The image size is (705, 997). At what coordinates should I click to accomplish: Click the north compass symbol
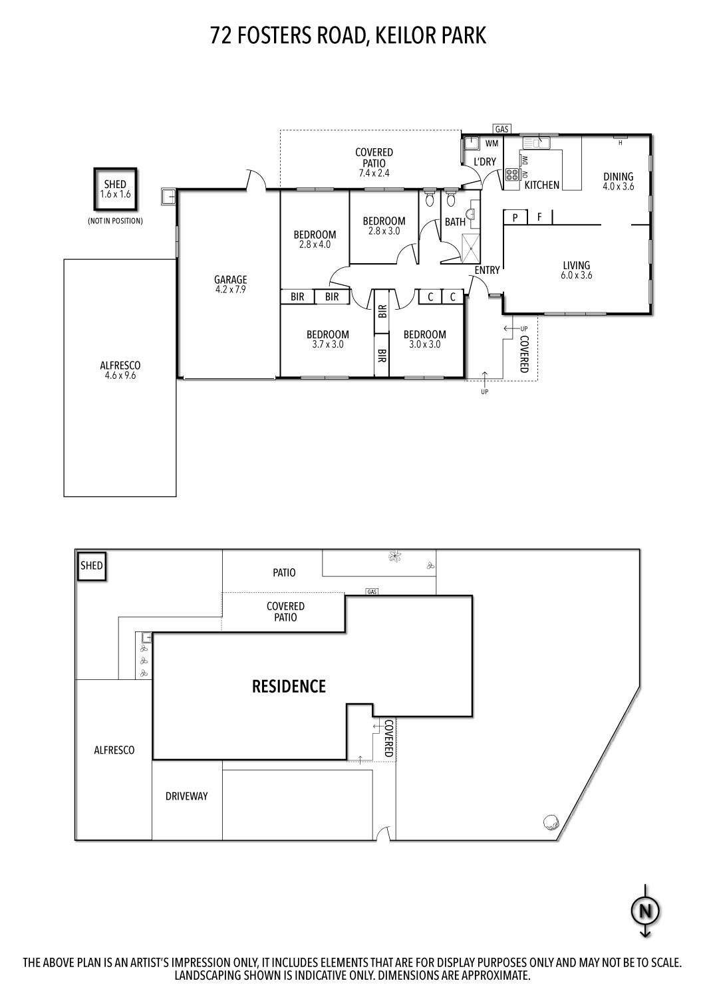tap(644, 910)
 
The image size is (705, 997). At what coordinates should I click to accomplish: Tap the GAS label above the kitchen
tap(502, 129)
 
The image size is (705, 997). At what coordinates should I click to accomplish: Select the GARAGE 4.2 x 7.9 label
tap(230, 284)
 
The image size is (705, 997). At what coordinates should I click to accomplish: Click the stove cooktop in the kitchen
tap(513, 175)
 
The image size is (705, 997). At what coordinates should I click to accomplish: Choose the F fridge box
tap(539, 217)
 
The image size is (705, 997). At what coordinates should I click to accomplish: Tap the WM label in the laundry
tap(492, 143)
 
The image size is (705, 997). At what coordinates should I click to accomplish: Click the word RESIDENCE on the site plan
tap(289, 686)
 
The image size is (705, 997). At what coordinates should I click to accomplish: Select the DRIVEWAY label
tap(186, 796)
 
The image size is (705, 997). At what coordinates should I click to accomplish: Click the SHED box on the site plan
tap(92, 566)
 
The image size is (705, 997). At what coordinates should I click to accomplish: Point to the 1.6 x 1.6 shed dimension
tap(114, 195)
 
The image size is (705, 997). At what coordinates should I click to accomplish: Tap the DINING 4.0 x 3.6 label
tap(618, 181)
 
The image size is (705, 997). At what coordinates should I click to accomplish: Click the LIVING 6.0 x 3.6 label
tap(576, 270)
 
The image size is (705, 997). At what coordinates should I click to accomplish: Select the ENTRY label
tap(487, 270)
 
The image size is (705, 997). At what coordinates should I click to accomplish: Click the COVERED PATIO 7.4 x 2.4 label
tap(374, 163)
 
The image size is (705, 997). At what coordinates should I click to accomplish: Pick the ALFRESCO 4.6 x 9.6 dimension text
tap(120, 376)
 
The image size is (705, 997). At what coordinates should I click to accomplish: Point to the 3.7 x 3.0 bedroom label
tap(327, 344)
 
